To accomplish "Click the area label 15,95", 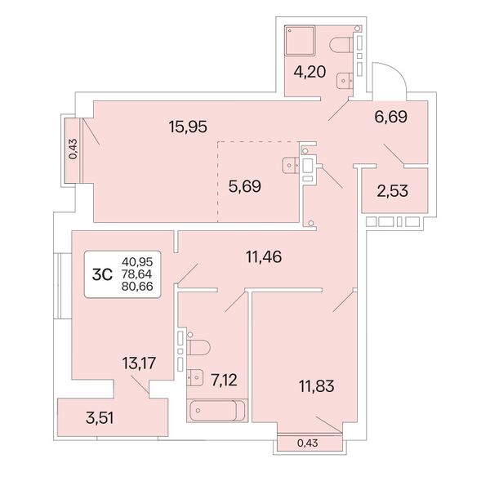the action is pyautogui.click(x=188, y=127).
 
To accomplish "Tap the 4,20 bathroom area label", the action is pyautogui.click(x=310, y=72).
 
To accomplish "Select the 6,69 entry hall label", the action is pyautogui.click(x=390, y=117).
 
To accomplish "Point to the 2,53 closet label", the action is pyautogui.click(x=393, y=191).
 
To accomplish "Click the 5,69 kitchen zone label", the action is pyautogui.click(x=245, y=186).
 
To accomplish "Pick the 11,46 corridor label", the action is pyautogui.click(x=264, y=257).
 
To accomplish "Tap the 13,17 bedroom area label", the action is pyautogui.click(x=139, y=363).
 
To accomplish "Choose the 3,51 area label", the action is pyautogui.click(x=100, y=418).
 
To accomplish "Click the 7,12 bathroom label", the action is pyautogui.click(x=224, y=380).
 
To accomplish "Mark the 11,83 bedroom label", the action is pyautogui.click(x=317, y=386).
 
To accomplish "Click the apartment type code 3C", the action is pyautogui.click(x=102, y=274).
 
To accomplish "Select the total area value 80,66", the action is pyautogui.click(x=137, y=287).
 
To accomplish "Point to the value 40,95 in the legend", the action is pyautogui.click(x=137, y=261).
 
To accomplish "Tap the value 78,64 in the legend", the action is pyautogui.click(x=137, y=274).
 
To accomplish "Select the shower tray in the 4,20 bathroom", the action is pyautogui.click(x=300, y=41).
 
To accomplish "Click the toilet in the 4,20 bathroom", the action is pyautogui.click(x=341, y=45).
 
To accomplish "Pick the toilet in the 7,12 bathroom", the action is pyautogui.click(x=198, y=348).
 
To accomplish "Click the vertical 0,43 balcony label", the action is pyautogui.click(x=73, y=149).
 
